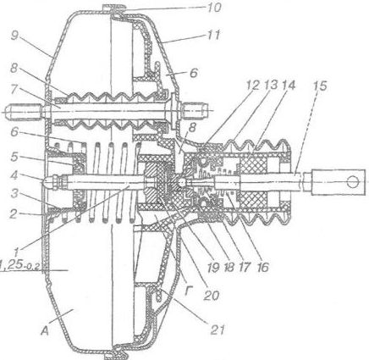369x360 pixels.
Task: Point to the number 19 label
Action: (212, 267)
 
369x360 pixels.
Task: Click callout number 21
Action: (217, 329)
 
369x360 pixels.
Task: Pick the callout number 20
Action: (211, 296)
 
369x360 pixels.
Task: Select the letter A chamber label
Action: (45, 330)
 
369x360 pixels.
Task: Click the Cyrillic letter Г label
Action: (189, 291)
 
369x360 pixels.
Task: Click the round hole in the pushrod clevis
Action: (352, 181)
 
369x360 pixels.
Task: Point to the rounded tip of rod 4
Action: (46, 183)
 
